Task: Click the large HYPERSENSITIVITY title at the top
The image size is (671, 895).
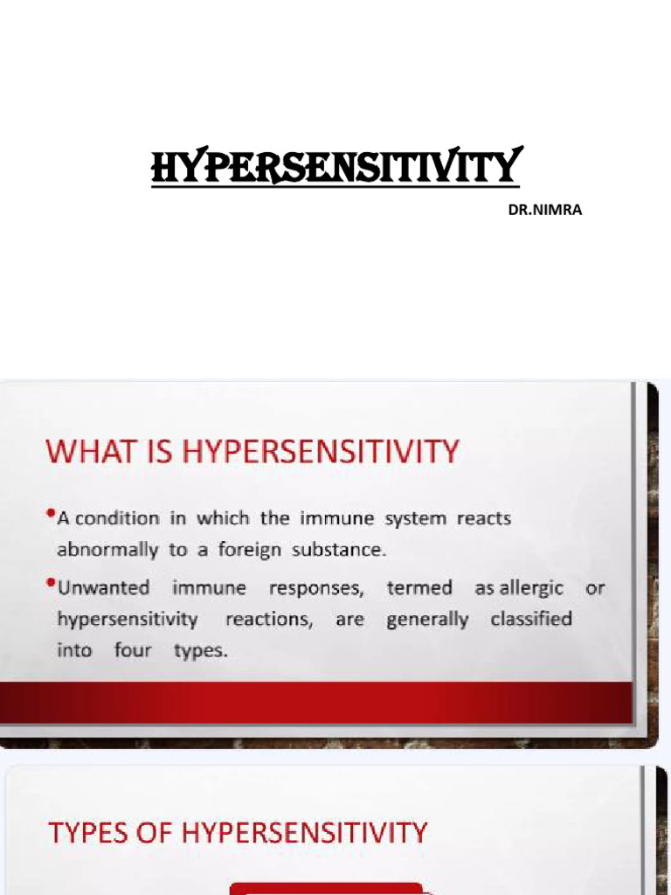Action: tap(336, 166)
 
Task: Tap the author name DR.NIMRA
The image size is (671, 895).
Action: tap(545, 210)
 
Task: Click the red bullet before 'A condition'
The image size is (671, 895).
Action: tap(51, 513)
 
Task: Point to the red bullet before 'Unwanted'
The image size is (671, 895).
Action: tap(51, 583)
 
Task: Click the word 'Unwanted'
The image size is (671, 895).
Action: tap(103, 587)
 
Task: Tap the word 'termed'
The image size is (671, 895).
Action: tap(419, 587)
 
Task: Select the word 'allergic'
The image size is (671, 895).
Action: tap(531, 587)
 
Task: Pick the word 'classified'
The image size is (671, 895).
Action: tap(531, 619)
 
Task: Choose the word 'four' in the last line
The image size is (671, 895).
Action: tap(133, 651)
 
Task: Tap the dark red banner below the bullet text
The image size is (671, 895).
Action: tap(315, 703)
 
